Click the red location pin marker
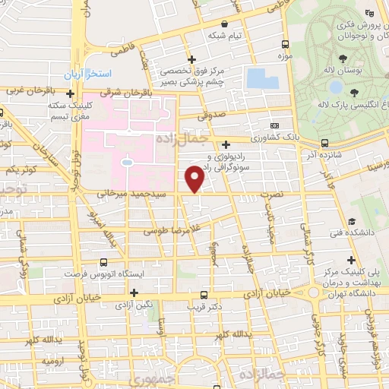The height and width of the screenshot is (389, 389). click(194, 179)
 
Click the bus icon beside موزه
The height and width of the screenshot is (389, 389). click(285, 44)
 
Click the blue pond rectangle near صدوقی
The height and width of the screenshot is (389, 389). click(258, 78)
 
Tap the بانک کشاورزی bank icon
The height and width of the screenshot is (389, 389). click(274, 126)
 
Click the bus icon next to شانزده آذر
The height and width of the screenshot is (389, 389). click(324, 142)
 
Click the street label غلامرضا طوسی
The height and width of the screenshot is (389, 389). click(174, 228)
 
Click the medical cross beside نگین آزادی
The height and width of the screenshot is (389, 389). click(134, 293)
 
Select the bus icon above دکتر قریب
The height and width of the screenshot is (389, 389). click(203, 295)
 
